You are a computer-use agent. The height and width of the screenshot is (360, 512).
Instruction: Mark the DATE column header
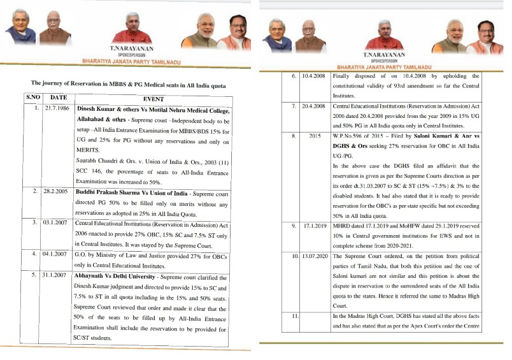tap(58, 97)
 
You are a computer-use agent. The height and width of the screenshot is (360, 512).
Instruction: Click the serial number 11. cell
tap(294, 316)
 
